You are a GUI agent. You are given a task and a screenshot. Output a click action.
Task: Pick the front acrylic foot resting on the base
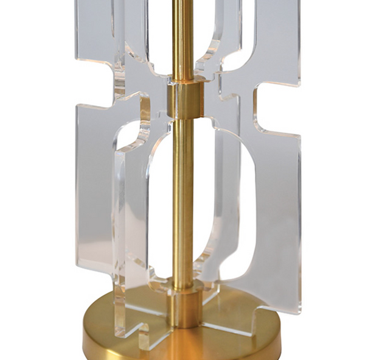point(131,320)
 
